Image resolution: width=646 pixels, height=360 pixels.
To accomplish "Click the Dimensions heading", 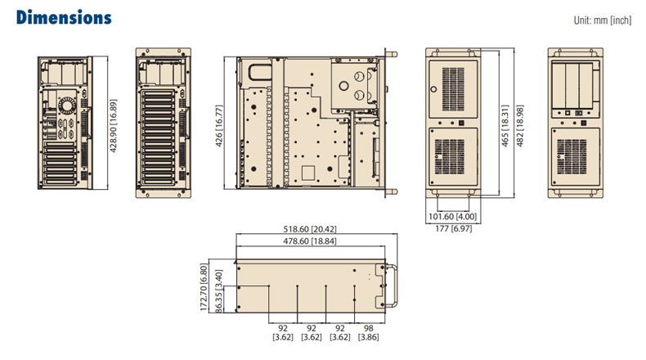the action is (x=64, y=18).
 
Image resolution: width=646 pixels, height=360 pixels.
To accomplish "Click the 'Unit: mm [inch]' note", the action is (x=603, y=20).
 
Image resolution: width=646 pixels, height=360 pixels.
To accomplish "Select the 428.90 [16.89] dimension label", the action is (x=114, y=126).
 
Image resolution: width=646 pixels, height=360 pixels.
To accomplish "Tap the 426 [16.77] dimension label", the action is (x=219, y=126).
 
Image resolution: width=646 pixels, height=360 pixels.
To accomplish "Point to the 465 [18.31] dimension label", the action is (x=505, y=126).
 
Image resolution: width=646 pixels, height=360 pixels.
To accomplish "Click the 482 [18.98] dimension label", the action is (x=520, y=126).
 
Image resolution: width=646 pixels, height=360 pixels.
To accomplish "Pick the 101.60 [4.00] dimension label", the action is (x=452, y=217).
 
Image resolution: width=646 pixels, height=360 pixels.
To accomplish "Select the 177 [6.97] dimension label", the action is (x=454, y=228).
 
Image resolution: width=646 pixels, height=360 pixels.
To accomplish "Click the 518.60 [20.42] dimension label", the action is (x=310, y=229).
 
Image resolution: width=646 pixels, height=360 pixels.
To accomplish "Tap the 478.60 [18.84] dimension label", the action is (x=310, y=241).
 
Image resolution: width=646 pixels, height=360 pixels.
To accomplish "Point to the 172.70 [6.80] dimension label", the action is (x=204, y=287).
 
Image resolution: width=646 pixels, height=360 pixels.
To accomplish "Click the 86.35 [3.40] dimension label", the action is (x=219, y=291).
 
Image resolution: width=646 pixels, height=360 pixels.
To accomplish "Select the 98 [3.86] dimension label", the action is (x=368, y=332).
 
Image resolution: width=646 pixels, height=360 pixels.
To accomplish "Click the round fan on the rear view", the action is (x=67, y=106).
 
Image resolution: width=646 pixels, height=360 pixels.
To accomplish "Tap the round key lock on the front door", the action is (x=433, y=89).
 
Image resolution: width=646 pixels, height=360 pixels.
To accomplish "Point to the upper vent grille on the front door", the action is (x=453, y=89).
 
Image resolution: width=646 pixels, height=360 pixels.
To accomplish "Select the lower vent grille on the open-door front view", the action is (x=572, y=157).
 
